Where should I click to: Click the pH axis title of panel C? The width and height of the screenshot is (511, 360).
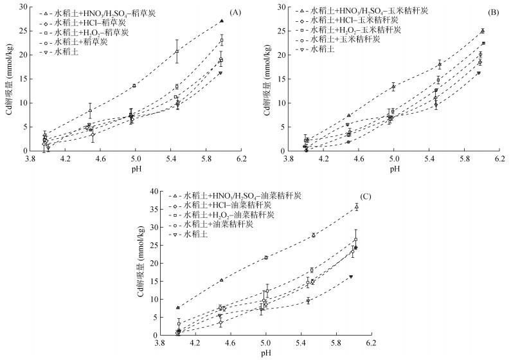pos(265,353)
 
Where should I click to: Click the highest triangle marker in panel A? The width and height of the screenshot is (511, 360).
pos(221,21)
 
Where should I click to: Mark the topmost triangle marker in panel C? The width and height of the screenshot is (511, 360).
pos(356,206)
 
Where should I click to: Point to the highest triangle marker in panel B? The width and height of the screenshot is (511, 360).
pos(482,30)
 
